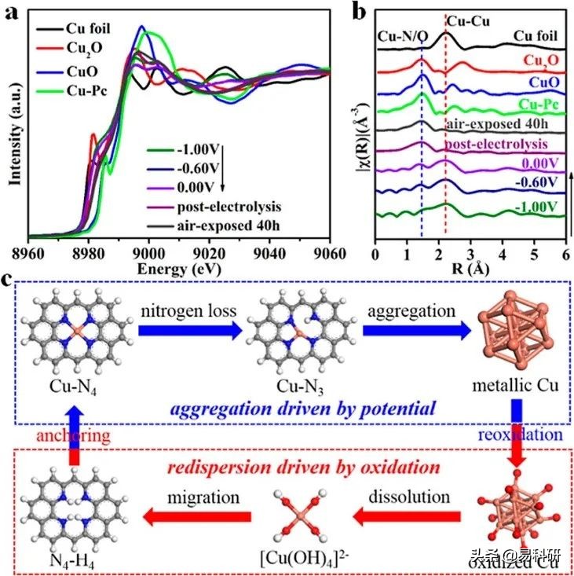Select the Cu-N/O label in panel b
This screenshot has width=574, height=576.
403,36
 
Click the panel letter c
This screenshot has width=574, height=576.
9,281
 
